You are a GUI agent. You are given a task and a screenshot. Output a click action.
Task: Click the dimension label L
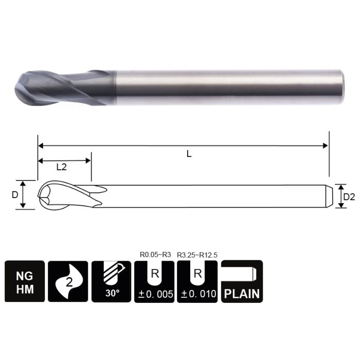coord(189,154)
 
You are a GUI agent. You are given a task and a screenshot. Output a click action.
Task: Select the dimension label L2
coord(61,167)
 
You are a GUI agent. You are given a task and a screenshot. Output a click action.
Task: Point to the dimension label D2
coord(349,196)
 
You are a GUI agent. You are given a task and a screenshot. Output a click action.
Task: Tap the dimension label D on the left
coord(15,194)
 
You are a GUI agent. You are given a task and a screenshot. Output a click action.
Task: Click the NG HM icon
coord(25,281)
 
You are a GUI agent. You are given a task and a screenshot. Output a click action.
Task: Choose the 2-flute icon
coord(68,281)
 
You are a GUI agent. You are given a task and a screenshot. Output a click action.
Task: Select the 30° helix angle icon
coord(112,281)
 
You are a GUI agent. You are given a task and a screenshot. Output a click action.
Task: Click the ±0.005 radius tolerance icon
coord(154,281)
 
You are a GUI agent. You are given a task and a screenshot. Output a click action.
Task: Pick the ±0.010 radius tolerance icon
coord(197,281)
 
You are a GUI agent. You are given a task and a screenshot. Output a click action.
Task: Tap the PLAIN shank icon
coord(242,281)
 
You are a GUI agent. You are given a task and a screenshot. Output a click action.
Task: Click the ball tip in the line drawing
coord(42,195)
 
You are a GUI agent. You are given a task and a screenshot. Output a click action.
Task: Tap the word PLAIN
coord(242,295)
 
